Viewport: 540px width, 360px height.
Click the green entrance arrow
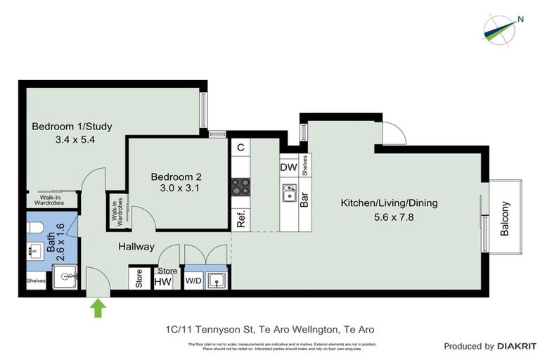click(x=97, y=307)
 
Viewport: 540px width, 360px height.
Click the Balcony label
click(x=505, y=219)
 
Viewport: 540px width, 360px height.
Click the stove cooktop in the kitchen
click(x=241, y=187)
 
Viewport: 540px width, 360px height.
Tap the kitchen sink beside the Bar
click(x=289, y=191)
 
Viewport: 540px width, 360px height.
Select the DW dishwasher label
click(x=288, y=167)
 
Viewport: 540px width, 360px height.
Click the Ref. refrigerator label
click(x=240, y=219)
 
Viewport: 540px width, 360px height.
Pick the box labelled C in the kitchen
click(x=240, y=147)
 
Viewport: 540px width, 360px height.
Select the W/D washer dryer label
click(x=193, y=281)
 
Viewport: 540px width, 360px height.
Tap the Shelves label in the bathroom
click(x=36, y=281)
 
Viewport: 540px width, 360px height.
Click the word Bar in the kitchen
click(x=305, y=199)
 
